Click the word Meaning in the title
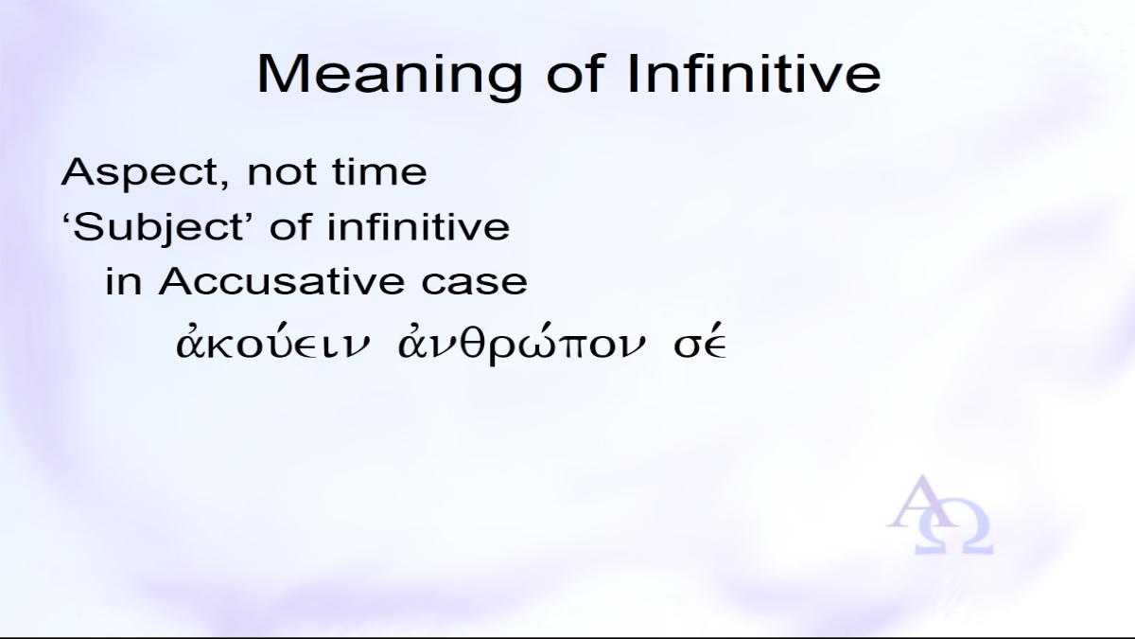(390, 76)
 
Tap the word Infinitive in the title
(755, 74)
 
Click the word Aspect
(142, 173)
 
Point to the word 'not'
(282, 173)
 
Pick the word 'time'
(380, 172)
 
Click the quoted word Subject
(154, 228)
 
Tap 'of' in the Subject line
(291, 227)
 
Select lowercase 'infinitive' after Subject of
(418, 227)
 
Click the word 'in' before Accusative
(123, 282)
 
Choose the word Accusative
(281, 282)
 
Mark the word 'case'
(474, 283)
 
